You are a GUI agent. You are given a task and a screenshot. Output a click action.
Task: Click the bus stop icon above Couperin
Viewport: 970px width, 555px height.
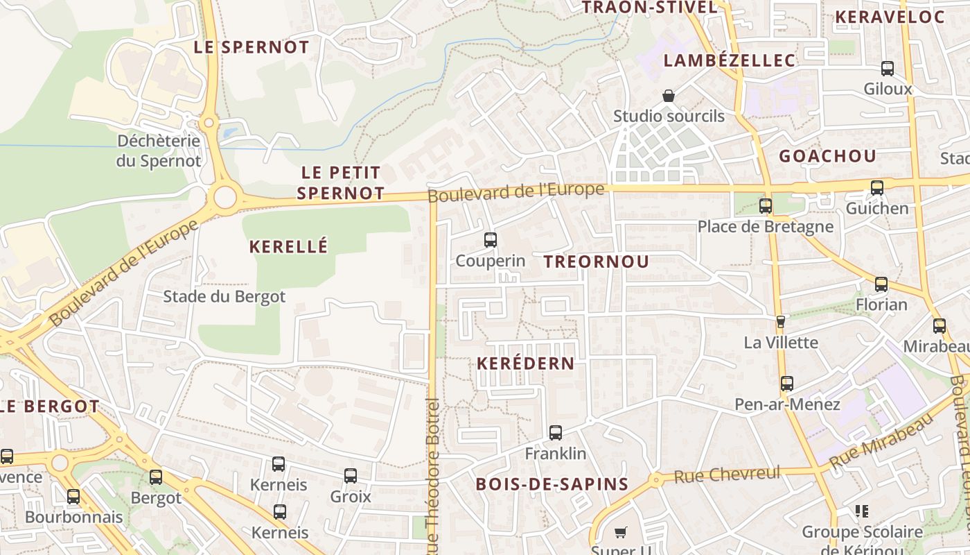[x=491, y=240]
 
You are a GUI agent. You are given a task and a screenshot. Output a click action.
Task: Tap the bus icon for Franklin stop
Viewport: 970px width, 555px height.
[x=556, y=433]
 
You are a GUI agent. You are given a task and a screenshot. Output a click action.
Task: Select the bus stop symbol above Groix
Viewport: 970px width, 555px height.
[x=351, y=476]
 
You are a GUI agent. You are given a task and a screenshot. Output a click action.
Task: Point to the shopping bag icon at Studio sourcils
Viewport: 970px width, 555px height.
[x=669, y=95]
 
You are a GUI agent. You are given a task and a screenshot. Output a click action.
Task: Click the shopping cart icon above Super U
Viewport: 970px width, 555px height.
[x=621, y=533]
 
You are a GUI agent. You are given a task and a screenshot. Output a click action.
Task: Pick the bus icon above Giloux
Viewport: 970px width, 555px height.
[x=888, y=68]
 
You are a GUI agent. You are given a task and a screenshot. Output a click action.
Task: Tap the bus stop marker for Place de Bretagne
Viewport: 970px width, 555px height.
[x=766, y=205]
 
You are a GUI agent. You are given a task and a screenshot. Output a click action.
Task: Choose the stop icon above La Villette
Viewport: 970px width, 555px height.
[x=781, y=322]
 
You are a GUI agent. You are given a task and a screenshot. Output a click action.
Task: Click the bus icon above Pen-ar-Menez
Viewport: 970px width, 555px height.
[x=787, y=383]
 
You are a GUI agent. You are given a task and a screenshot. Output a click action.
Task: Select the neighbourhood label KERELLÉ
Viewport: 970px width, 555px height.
[x=288, y=246]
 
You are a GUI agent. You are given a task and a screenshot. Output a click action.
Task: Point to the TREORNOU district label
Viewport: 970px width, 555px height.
[x=597, y=262]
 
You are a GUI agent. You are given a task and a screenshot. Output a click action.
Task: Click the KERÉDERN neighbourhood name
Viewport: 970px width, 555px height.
[x=526, y=364]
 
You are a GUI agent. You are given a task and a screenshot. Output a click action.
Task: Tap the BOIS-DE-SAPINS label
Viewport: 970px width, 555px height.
[x=552, y=484]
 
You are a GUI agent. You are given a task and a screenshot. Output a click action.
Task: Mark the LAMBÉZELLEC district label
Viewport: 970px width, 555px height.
[x=730, y=60]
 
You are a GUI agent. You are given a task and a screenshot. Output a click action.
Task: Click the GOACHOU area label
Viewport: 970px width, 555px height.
[x=827, y=156]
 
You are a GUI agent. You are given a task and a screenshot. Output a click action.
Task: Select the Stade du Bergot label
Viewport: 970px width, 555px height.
[x=224, y=297]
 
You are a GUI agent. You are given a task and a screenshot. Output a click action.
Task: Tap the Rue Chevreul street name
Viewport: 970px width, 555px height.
[x=727, y=475]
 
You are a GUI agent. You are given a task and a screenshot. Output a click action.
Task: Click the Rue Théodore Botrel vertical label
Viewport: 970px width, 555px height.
[x=433, y=479]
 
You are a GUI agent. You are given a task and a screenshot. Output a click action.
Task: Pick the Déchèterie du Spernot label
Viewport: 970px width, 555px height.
[x=159, y=151]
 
